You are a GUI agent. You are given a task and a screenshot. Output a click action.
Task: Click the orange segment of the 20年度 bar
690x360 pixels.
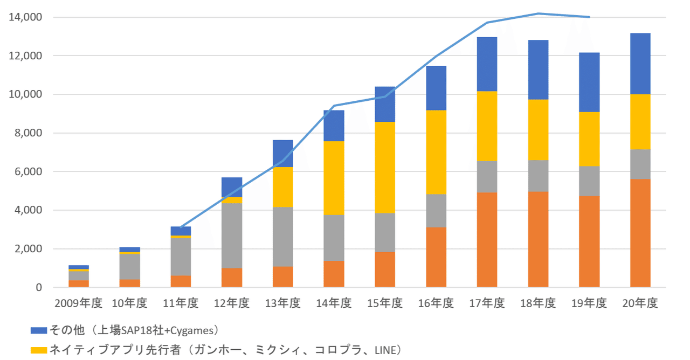[640, 233]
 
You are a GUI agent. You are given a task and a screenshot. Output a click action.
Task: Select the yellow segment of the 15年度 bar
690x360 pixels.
[385, 168]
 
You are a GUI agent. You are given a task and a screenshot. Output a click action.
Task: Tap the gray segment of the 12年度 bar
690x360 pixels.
[232, 236]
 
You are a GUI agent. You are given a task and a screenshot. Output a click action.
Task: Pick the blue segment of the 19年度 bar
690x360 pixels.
[589, 82]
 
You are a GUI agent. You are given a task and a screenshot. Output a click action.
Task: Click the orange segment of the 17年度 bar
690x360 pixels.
[487, 239]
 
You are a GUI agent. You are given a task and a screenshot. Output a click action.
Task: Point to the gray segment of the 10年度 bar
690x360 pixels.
[130, 266]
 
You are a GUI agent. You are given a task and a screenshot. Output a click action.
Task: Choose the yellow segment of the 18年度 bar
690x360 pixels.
[538, 130]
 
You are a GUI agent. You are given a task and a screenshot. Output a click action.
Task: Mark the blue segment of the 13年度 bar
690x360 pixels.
[283, 154]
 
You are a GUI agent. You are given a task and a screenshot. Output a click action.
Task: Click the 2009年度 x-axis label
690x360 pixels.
[78, 304]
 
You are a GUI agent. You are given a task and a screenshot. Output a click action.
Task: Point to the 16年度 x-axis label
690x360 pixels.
[436, 304]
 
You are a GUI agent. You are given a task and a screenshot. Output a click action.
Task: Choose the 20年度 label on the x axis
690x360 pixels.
[640, 304]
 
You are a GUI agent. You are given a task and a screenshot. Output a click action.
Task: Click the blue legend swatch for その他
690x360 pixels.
[39, 330]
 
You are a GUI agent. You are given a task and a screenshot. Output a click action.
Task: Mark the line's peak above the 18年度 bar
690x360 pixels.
[538, 13]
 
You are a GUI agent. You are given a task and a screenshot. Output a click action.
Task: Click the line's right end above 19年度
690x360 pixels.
[589, 17]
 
